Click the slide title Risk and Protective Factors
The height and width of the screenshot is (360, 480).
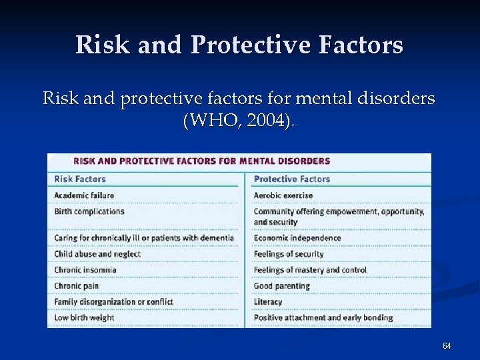click(239, 45)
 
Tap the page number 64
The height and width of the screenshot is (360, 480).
click(447, 345)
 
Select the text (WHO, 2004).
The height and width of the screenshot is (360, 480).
click(239, 122)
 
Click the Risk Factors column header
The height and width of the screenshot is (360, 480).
click(80, 179)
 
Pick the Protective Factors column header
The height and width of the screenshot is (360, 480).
click(292, 179)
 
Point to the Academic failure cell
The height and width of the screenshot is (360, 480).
click(84, 195)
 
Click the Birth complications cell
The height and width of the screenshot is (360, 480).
click(89, 211)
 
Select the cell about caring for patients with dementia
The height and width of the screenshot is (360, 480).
click(144, 238)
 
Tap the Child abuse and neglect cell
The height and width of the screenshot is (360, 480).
click(97, 254)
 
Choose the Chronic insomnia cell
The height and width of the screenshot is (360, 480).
click(85, 270)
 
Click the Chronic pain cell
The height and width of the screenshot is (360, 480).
click(77, 286)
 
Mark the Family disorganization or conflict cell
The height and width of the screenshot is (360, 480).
click(113, 302)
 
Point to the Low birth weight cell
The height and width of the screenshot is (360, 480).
click(84, 318)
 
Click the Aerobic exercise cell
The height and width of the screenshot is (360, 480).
click(283, 195)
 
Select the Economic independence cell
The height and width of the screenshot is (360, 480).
click(297, 238)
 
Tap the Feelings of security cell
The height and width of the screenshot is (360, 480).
click(289, 254)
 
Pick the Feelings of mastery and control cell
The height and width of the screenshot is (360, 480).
click(310, 270)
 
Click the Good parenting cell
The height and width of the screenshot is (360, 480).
click(282, 286)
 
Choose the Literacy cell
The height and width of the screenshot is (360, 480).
click(268, 302)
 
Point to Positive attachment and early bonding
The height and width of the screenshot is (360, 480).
click(323, 318)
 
